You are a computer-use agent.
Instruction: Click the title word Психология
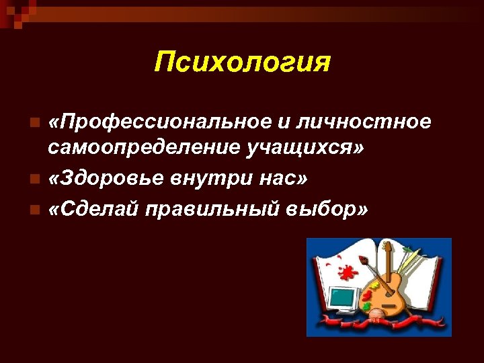[x=242, y=63]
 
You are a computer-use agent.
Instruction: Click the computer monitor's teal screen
[x=342, y=295]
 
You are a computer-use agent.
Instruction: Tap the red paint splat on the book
[x=347, y=272]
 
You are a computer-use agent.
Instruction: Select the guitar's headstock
[x=387, y=248]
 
